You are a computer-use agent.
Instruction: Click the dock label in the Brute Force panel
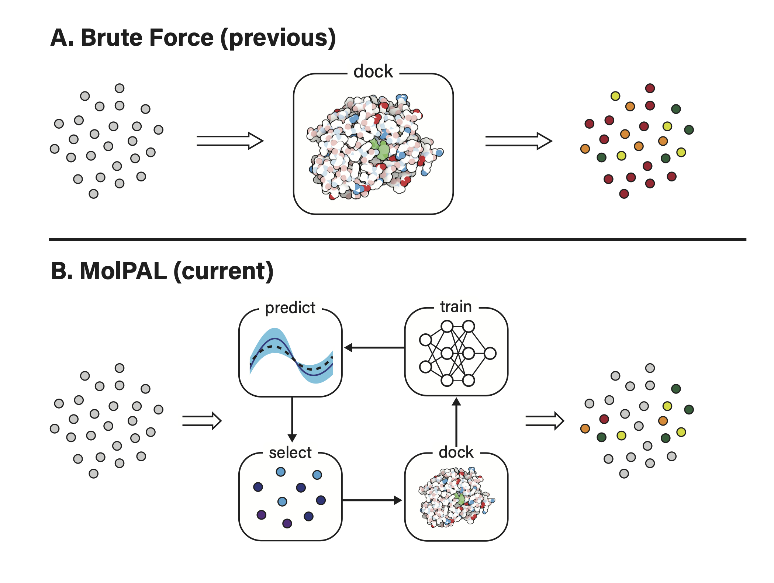tap(373, 71)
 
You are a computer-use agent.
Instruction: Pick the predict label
tap(290, 308)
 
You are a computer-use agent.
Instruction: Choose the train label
tap(456, 307)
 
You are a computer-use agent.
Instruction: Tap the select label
tap(290, 452)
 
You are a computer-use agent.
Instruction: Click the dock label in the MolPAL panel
tap(456, 452)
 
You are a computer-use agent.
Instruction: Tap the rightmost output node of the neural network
tap(490, 353)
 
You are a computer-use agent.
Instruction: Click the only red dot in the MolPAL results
tap(604, 419)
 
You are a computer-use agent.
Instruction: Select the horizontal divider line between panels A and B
tap(397, 239)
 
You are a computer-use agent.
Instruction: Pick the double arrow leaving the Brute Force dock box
tap(518, 141)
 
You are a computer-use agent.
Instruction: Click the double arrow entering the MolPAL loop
tap(201, 421)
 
